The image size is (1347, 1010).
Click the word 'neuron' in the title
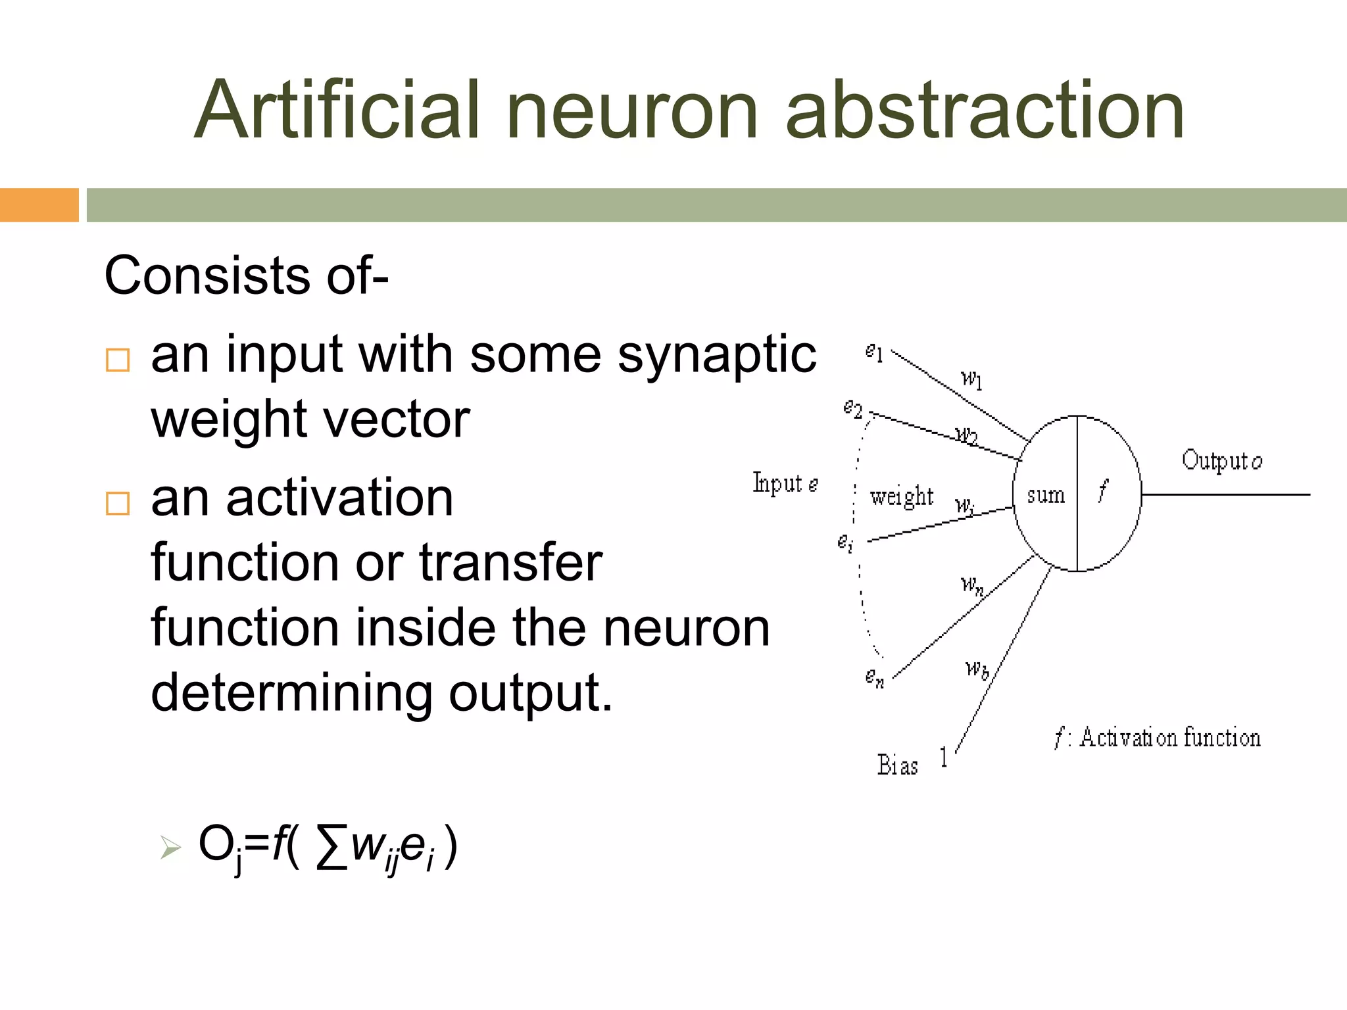pos(633,110)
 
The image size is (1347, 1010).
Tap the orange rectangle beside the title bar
pos(39,205)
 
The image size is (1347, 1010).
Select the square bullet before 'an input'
pos(118,360)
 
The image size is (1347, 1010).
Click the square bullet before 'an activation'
pos(118,504)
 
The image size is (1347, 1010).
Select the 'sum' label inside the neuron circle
pos(1046,495)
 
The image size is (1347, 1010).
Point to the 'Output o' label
pos(1221,460)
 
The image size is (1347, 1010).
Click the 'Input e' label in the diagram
pos(785,484)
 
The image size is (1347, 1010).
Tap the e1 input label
pos(874,353)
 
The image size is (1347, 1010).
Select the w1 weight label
pos(971,379)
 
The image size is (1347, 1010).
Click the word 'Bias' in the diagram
pos(897,765)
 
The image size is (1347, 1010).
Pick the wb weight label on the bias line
pos(977,669)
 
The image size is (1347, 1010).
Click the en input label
pos(875,677)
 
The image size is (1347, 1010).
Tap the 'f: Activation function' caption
pos(1157,738)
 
